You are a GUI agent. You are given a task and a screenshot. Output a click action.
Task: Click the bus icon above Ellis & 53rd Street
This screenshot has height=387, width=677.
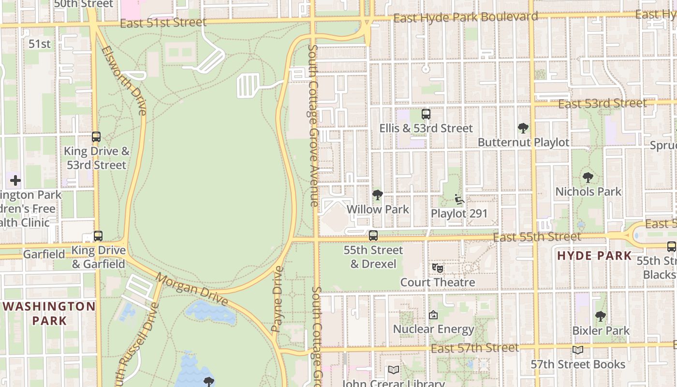coord(426,114)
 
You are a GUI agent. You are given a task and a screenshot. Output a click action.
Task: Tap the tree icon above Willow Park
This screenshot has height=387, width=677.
coord(378,195)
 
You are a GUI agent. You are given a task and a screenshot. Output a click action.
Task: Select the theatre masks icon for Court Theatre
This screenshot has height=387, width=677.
coord(437,268)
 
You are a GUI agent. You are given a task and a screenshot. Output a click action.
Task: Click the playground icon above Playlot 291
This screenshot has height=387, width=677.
coord(459,199)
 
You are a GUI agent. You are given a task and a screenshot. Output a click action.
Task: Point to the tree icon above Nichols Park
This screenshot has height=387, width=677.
coord(588,178)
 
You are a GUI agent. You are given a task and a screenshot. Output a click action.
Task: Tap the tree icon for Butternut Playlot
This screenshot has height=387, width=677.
coord(523,128)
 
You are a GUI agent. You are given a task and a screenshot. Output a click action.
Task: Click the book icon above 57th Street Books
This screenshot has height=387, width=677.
coord(577,350)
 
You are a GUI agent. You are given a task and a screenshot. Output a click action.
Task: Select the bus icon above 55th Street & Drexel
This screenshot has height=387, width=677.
coord(373,236)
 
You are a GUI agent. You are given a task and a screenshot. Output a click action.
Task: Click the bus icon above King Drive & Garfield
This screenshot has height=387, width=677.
coord(98,236)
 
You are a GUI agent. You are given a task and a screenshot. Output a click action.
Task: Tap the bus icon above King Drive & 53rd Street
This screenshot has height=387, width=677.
coord(96,137)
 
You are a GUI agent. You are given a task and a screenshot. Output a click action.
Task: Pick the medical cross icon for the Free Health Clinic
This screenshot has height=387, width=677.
coord(15,181)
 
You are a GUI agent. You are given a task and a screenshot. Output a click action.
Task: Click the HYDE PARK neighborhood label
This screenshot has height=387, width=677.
coord(594,255)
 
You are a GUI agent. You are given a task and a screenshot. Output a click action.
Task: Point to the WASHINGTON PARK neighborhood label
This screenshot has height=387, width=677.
coord(50,313)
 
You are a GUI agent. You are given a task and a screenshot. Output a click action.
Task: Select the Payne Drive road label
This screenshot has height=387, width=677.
coord(278,299)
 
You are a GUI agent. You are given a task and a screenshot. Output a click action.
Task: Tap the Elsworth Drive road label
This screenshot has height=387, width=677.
coord(124,80)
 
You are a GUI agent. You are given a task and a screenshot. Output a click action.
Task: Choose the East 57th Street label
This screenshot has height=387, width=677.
coord(474,348)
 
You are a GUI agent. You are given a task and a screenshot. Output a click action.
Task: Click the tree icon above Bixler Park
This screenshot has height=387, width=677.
coord(600,316)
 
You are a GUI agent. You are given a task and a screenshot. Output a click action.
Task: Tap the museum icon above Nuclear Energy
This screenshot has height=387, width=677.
coord(433,315)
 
